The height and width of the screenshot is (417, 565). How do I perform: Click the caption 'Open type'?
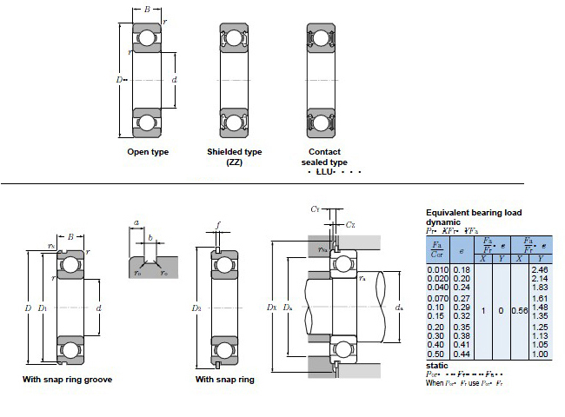[x=148, y=152]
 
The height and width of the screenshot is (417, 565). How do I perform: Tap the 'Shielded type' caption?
[x=234, y=152]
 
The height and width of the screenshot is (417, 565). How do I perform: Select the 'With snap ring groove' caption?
[x=67, y=380]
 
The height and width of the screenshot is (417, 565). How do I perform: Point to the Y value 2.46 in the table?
[x=539, y=271]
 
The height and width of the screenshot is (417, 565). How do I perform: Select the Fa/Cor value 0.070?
[x=437, y=298]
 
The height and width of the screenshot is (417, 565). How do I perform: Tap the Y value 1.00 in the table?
[x=539, y=354]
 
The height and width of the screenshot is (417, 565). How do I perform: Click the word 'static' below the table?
[x=437, y=365]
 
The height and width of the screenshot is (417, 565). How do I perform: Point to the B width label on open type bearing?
[x=146, y=10]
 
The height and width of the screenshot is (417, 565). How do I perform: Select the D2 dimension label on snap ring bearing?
[x=196, y=308]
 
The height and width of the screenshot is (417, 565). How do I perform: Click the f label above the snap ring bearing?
[x=218, y=225]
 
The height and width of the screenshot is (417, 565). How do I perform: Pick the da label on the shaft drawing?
[x=398, y=308]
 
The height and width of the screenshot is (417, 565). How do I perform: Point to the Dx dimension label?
[x=273, y=308]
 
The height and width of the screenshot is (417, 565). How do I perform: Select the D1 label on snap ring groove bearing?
[x=42, y=308]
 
